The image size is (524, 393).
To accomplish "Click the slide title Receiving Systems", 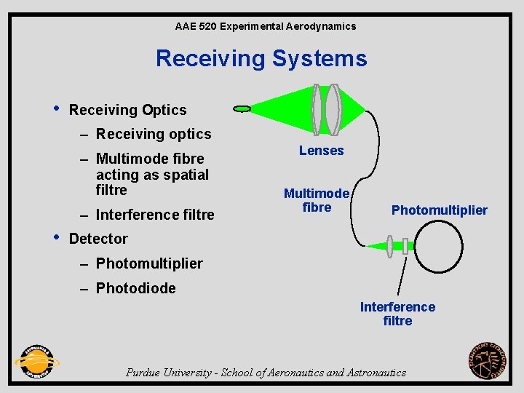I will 261,57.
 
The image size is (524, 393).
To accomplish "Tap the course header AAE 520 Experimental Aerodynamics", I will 266,26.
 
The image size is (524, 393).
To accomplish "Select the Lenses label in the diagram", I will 321,151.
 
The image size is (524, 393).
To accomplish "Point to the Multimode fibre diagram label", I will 317,200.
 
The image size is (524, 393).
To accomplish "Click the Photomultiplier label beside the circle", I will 439,210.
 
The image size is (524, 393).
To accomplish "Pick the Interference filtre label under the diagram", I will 397,314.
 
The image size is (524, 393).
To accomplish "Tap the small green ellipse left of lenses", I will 242,108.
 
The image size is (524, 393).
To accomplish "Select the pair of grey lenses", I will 325,109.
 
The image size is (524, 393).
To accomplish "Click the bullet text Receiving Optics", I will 127,110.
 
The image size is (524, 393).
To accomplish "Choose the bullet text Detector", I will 98,239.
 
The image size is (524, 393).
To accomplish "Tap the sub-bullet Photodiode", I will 136,288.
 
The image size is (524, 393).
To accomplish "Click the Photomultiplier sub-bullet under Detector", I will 149,263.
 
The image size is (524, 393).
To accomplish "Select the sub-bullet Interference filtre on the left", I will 155,215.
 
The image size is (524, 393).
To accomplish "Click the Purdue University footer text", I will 266,373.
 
